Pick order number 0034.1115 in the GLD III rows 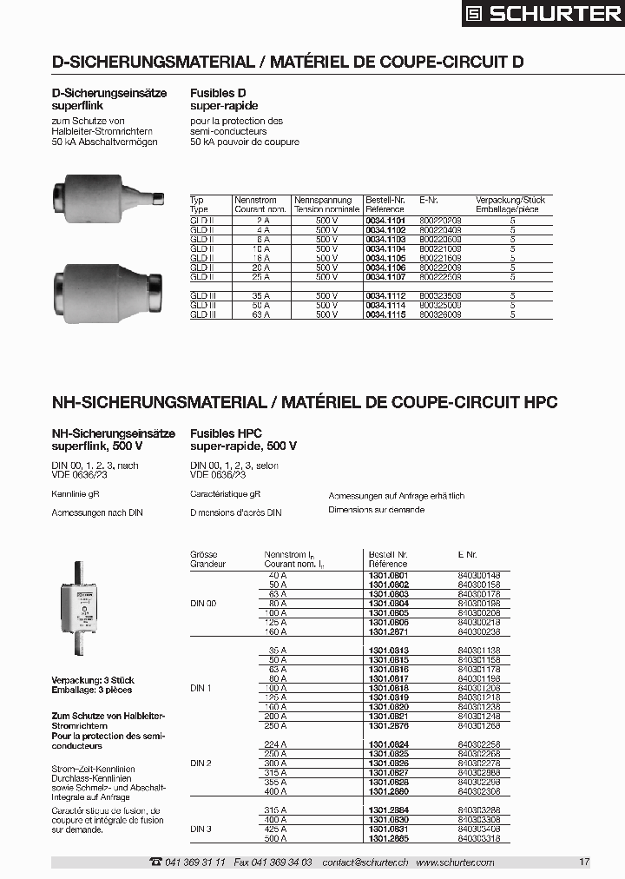385,314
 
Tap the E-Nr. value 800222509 440,276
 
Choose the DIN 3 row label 201,829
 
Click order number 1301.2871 388,631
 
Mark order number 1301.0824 388,744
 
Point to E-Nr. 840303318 478,838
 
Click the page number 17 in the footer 584,862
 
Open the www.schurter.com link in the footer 455,862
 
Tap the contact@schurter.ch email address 365,862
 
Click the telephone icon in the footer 155,862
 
